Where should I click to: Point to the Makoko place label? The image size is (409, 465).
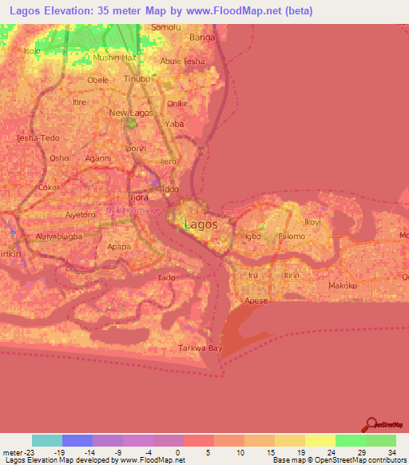(x=343, y=285)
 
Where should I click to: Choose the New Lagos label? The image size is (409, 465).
(x=129, y=113)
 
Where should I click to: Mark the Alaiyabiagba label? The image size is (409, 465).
(x=58, y=237)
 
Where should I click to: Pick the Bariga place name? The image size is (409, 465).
(x=203, y=37)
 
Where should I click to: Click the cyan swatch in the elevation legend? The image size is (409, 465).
(x=47, y=440)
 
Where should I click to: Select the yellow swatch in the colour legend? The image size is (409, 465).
(x=320, y=440)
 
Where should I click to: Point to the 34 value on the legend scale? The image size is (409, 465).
(x=391, y=453)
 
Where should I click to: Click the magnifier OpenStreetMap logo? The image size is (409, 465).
(x=373, y=427)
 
